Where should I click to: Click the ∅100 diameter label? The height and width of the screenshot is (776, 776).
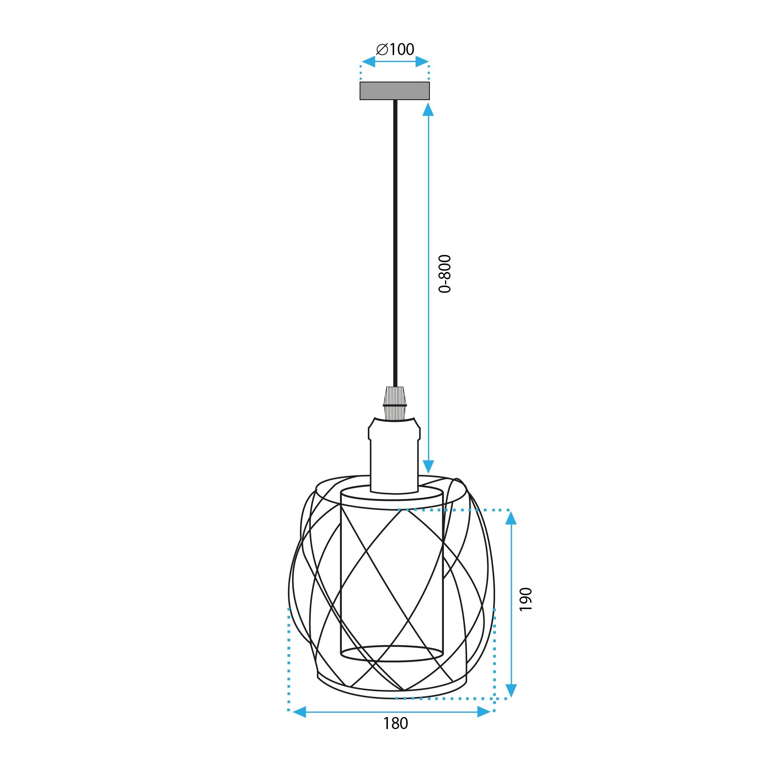(x=395, y=49)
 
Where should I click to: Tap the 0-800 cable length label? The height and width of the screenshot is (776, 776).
(x=445, y=274)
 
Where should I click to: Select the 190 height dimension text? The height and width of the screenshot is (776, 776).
(x=525, y=599)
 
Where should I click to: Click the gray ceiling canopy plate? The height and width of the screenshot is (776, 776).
(x=395, y=90)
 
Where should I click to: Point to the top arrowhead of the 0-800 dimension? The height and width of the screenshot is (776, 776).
(x=429, y=110)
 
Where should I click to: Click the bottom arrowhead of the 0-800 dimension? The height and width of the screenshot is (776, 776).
(x=429, y=466)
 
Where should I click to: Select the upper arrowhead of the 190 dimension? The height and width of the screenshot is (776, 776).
(x=511, y=518)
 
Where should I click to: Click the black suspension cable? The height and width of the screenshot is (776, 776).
(x=395, y=241)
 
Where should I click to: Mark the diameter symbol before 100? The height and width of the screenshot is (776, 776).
(x=381, y=50)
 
